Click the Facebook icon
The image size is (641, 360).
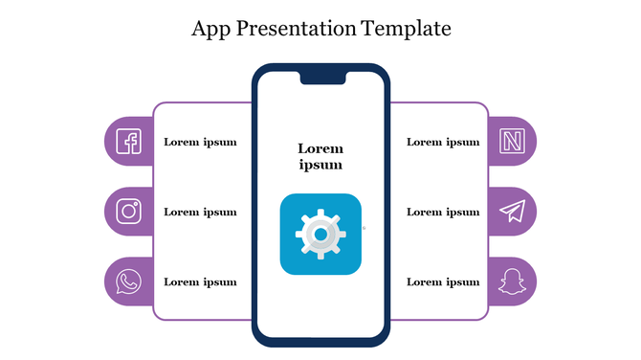(x=128, y=142)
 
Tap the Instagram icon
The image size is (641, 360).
(x=128, y=211)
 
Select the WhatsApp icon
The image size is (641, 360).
(x=128, y=281)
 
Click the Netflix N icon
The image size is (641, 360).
(x=513, y=142)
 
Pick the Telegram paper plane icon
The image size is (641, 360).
(x=514, y=212)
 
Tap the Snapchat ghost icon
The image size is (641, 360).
(x=513, y=281)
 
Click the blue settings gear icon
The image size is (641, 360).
(x=320, y=235)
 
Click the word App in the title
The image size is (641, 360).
(x=210, y=29)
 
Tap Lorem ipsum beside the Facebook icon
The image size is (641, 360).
(x=200, y=143)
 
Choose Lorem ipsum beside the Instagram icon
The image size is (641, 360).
(x=200, y=212)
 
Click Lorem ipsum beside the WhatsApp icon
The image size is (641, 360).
(x=200, y=281)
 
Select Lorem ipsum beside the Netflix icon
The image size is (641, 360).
(x=443, y=143)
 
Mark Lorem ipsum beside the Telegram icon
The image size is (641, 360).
(x=443, y=212)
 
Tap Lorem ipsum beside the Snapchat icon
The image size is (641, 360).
(x=443, y=281)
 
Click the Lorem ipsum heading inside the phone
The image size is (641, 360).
(x=320, y=156)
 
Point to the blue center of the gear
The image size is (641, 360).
(x=321, y=234)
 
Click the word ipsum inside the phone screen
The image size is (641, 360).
(x=320, y=165)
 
